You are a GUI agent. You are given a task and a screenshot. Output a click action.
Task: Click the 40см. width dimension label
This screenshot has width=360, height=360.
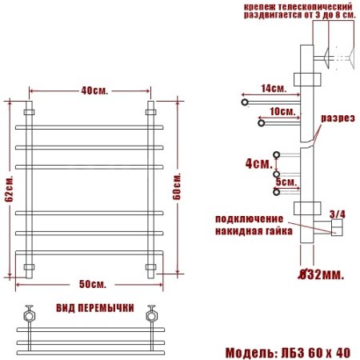(90, 90)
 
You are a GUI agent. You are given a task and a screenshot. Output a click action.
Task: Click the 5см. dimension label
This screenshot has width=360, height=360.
(286, 182)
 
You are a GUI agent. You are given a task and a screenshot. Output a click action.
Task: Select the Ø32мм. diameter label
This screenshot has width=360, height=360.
(320, 275)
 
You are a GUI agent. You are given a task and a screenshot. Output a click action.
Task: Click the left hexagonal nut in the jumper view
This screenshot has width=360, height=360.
(28, 314)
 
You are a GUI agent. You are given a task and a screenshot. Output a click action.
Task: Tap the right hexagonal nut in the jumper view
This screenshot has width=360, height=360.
(150, 314)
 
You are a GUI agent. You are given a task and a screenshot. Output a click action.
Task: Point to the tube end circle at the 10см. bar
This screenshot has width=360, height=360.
(261, 122)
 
